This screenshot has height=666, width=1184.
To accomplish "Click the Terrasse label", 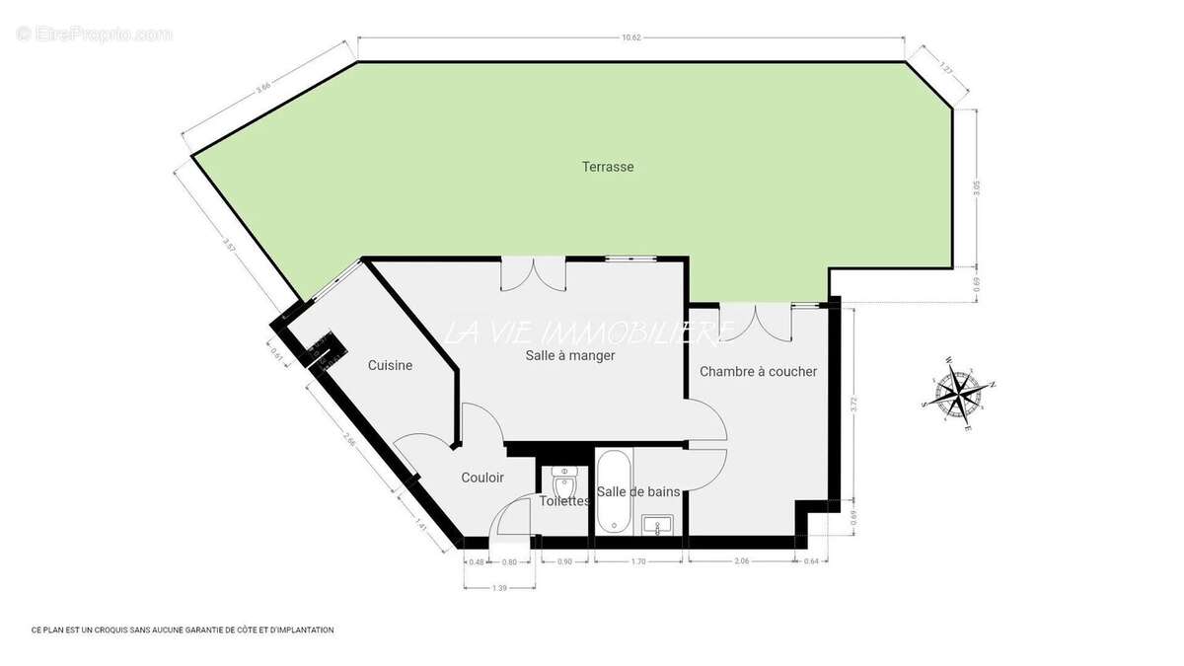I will tap(608, 167).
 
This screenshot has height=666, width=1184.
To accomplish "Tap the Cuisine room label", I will tap(390, 365).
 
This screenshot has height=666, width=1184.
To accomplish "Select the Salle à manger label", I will tap(570, 355).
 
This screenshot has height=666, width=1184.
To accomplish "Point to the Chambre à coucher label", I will tap(758, 371).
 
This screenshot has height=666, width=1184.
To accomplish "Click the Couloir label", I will tap(482, 478).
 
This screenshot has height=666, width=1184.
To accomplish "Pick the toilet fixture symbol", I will tap(564, 485).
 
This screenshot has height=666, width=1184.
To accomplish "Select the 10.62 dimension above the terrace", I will tap(631, 37).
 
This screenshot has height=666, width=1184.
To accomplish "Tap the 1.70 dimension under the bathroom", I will tap(637, 561).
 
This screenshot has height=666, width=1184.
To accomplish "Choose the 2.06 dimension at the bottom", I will tap(742, 561).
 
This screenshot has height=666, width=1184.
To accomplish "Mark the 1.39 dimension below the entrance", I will tap(499, 588).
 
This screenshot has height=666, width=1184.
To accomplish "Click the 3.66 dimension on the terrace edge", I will tap(263, 88).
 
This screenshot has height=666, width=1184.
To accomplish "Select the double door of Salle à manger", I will tap(533, 273).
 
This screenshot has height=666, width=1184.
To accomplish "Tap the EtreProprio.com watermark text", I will tap(95, 34).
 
